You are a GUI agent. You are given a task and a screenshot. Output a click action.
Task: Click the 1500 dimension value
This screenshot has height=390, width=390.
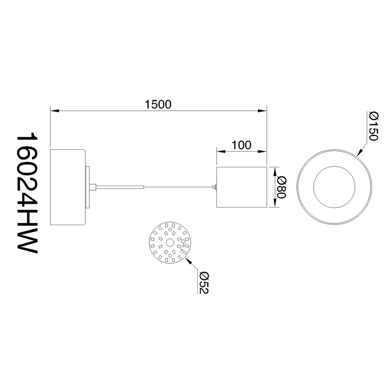coord(158,105)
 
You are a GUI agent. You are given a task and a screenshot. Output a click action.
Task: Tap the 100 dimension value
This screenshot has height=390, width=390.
coord(241,145)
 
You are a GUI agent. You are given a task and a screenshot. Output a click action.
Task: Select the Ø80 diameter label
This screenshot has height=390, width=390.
coord(282,187)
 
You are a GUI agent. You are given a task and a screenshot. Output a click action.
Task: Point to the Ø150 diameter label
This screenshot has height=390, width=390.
coord(374,126)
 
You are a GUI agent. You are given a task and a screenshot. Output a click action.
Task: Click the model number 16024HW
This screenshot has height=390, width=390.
coord(27,195)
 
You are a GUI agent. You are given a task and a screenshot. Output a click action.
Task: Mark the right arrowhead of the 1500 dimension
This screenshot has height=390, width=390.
coord(262,111)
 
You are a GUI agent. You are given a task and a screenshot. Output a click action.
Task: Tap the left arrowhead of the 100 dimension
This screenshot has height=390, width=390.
coord(221,151)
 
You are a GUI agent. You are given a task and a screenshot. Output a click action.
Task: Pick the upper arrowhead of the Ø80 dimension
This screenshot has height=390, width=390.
coord(275,172)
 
